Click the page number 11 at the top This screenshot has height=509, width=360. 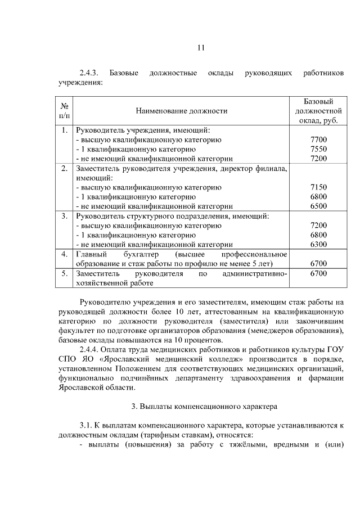click(200, 47)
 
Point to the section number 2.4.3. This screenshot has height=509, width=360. click(89, 74)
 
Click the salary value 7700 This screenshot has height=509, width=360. click(318, 139)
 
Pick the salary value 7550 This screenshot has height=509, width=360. click(318, 149)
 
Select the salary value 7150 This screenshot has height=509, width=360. click(318, 187)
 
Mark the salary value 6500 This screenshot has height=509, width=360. click(318, 206)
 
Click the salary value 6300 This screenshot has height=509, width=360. click(318, 245)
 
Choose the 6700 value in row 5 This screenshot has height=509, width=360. click(318, 274)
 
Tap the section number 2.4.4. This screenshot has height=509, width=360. click(89, 350)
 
